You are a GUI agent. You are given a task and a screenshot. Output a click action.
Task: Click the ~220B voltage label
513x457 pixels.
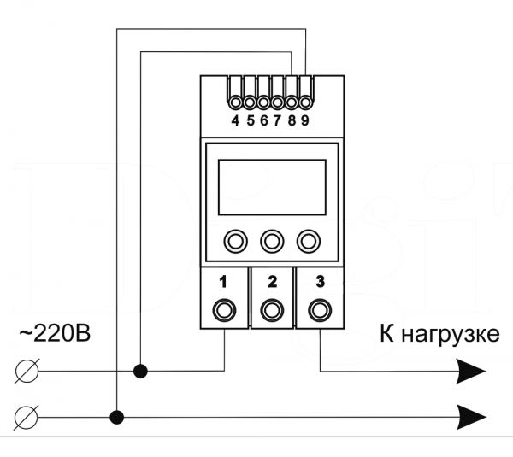point(55,334)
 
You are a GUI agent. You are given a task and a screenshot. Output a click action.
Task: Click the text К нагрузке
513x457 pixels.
point(439,335)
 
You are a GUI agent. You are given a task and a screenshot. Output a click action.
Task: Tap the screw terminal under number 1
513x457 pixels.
point(224,309)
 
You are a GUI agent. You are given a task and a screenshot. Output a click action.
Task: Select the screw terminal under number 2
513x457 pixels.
point(272,309)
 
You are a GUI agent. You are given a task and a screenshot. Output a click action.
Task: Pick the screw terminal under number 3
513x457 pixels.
point(320,309)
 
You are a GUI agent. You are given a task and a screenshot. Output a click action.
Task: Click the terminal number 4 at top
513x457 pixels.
point(235,121)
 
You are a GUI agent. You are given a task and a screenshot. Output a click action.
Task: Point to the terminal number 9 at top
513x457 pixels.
point(305,121)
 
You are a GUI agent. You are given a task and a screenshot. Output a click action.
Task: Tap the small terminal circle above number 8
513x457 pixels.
point(292,103)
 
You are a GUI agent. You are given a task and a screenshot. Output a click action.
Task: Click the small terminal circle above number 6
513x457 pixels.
point(263,103)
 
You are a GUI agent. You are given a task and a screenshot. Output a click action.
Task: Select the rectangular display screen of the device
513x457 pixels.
point(272,187)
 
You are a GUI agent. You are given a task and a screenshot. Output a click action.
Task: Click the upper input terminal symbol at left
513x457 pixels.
point(27,371)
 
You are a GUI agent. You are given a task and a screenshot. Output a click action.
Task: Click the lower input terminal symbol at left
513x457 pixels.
point(27,418)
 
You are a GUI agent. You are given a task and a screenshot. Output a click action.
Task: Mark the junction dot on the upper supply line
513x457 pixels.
point(141,371)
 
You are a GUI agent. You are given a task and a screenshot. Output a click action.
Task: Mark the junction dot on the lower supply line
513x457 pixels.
point(117,418)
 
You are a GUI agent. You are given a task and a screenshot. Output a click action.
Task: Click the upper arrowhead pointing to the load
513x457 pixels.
point(470,371)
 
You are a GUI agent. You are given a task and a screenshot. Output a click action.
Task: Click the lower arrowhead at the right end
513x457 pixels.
point(470,417)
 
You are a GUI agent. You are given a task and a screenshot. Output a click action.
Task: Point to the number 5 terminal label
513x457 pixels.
point(251,121)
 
